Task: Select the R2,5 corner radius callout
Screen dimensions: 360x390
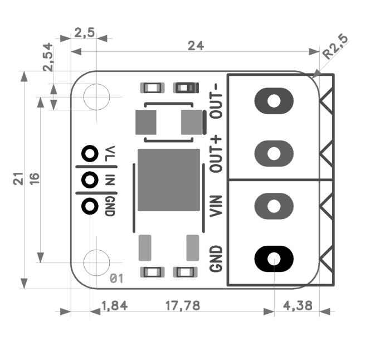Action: [336, 48]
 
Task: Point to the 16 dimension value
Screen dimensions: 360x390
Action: [35, 179]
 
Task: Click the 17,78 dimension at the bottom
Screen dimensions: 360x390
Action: [183, 305]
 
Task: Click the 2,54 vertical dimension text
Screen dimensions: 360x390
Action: [48, 57]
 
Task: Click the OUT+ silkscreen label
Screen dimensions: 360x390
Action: [216, 154]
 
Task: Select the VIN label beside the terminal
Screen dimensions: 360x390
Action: [216, 206]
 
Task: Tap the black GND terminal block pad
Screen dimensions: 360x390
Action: [274, 259]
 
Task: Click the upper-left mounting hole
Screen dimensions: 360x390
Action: [96, 96]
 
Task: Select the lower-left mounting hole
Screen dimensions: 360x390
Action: [96, 261]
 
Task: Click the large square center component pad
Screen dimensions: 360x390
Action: [168, 180]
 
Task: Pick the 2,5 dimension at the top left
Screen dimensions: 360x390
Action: [84, 33]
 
